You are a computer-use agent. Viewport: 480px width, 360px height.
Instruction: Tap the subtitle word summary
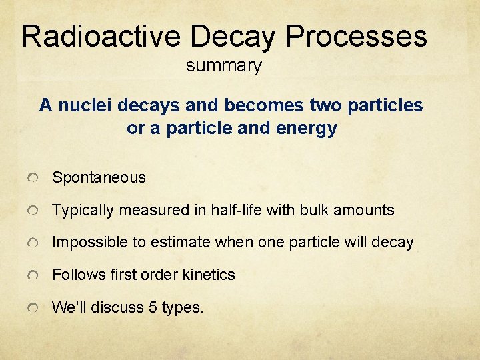pyautogui.click(x=224, y=66)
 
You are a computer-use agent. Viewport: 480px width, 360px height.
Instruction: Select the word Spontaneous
pyautogui.click(x=99, y=177)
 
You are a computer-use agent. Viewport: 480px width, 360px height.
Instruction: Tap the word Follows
pyautogui.click(x=75, y=275)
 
